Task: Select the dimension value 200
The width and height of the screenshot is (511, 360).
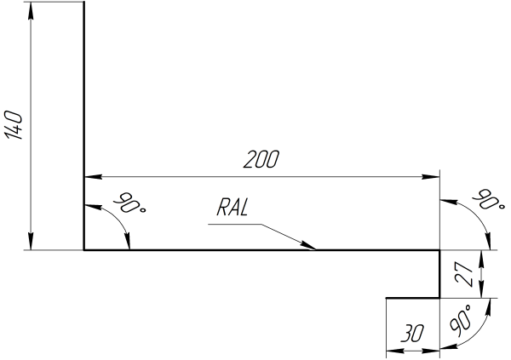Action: click(x=261, y=159)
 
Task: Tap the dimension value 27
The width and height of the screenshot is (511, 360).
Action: click(x=464, y=274)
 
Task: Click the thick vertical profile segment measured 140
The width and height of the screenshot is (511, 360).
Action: click(x=84, y=128)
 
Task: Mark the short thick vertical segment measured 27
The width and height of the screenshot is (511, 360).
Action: click(x=439, y=274)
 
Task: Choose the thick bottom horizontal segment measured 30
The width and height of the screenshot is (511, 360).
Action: click(x=412, y=298)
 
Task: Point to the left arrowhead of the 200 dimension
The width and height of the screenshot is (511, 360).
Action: click(x=89, y=176)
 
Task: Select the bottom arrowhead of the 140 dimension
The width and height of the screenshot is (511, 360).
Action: click(x=31, y=244)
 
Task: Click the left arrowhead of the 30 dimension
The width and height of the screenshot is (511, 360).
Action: click(x=390, y=347)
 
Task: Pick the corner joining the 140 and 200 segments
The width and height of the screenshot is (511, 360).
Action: click(x=84, y=250)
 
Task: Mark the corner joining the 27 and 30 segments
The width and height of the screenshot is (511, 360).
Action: click(x=439, y=298)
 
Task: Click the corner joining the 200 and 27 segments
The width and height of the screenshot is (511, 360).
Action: click(x=439, y=250)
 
